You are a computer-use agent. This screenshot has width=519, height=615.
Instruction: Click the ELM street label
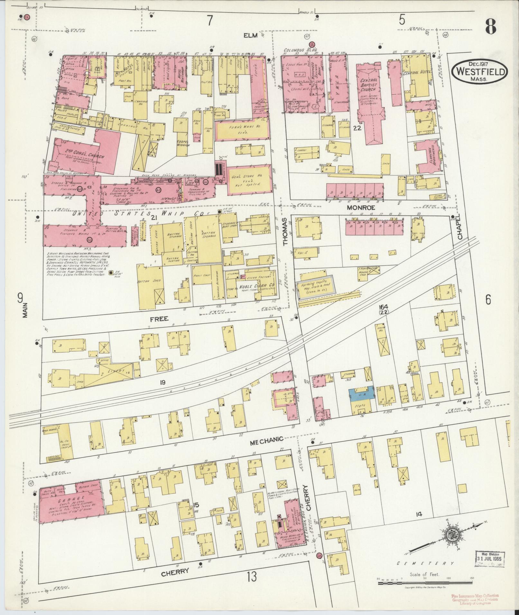point(251,35)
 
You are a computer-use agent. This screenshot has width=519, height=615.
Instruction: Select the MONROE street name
point(359,208)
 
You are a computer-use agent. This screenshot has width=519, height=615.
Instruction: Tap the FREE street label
point(159,319)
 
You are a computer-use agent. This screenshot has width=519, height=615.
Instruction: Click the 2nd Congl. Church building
point(85,153)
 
